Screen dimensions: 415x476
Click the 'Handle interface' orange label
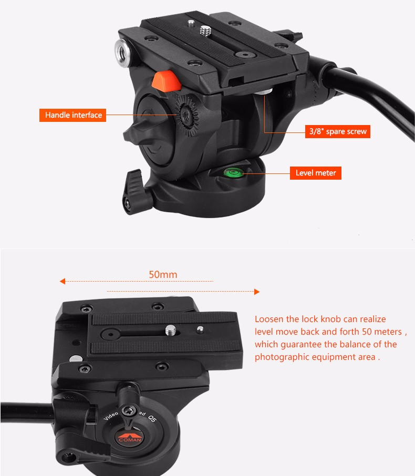(72, 115)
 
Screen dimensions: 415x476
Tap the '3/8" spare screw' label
(338, 131)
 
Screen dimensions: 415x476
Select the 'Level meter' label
(315, 173)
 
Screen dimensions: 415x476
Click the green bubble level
(233, 173)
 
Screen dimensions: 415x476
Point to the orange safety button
(166, 81)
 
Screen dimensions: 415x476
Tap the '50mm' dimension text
(163, 274)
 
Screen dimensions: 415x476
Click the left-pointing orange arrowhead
(63, 281)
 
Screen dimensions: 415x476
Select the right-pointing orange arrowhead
(257, 292)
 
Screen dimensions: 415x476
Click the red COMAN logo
(130, 437)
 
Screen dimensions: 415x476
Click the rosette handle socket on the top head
(185, 116)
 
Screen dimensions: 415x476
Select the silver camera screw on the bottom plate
(171, 330)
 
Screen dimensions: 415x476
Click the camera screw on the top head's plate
(205, 30)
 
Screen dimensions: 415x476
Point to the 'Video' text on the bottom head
(111, 416)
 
